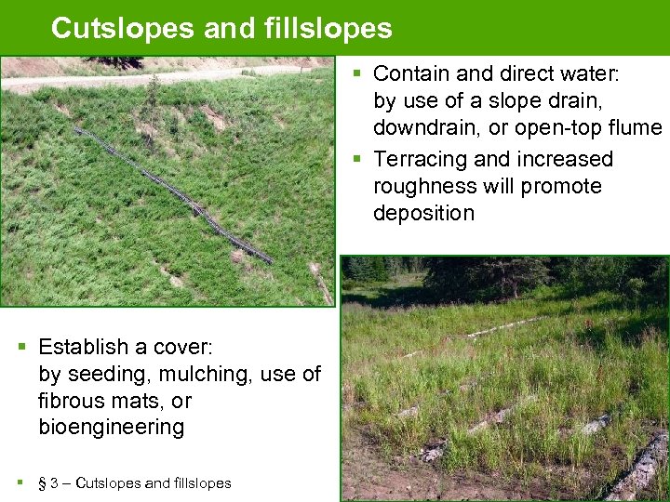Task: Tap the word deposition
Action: (x=423, y=213)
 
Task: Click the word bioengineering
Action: (x=111, y=428)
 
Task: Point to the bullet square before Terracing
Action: (x=359, y=159)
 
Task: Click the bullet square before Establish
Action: (x=23, y=347)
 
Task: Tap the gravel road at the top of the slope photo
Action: (x=140, y=76)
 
